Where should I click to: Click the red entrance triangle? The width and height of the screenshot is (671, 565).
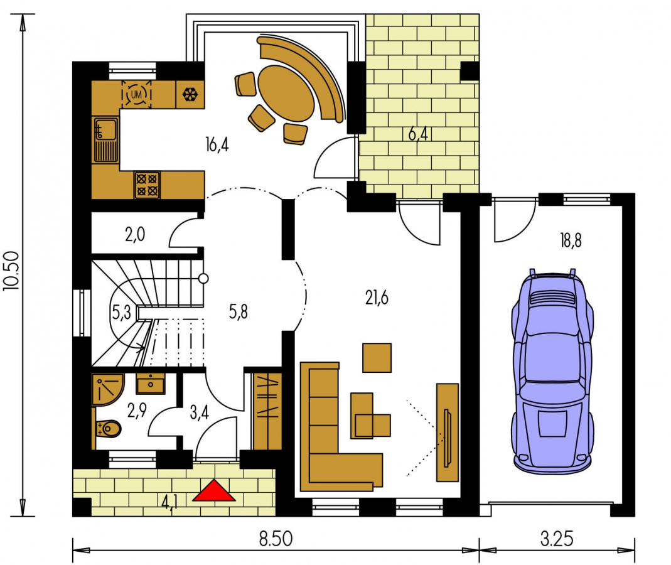pos(213,491)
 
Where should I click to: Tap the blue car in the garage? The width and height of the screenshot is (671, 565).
pos(552,371)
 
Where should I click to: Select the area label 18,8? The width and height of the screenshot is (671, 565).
pos(571,241)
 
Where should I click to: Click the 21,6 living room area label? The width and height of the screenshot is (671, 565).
pos(377,297)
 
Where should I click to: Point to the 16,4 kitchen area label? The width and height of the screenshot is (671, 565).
pos(217,144)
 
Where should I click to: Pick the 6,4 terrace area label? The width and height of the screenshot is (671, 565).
pos(418,134)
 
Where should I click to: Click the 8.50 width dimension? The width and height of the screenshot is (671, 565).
pos(276,539)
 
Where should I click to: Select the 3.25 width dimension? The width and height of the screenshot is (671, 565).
pos(556,539)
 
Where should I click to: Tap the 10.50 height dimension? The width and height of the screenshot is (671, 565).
pos(11,271)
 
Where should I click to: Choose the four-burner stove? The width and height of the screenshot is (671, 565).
pos(148,185)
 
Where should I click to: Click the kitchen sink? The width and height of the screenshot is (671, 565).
pos(105,139)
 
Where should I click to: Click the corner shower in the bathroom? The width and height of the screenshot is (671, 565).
pos(107,389)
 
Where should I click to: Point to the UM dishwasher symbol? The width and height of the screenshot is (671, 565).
pos(136,94)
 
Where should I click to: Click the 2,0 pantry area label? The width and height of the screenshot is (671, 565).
pos(135,235)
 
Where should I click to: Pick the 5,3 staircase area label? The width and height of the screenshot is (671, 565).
pos(121,313)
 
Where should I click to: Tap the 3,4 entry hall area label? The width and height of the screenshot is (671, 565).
pos(200,412)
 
